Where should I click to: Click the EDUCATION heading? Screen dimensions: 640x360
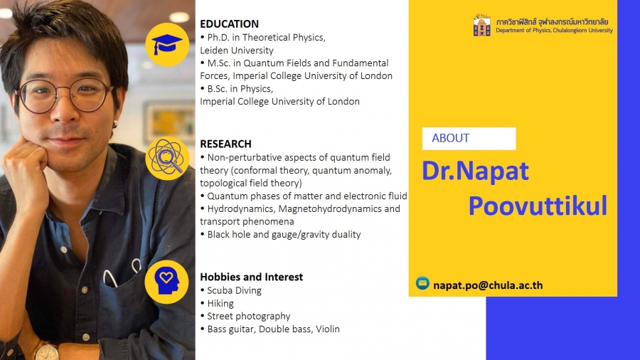229,23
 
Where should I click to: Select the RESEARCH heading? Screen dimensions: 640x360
225,144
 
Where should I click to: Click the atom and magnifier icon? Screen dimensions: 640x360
166,158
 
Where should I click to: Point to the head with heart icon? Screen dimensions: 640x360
167,282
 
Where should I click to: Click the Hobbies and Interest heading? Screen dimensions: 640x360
252,277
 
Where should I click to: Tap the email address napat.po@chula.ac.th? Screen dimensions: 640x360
488,285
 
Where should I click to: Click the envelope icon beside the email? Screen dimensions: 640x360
422,283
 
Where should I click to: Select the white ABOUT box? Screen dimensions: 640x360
469,138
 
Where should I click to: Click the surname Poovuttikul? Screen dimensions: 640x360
538,206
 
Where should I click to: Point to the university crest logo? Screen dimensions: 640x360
482,25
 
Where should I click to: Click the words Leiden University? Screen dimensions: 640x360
237,51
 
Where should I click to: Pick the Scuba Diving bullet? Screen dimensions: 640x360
231,290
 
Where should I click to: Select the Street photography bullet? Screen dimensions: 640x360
245,317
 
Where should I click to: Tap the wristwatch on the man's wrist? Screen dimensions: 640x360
46,352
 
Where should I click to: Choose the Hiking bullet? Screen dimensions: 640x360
217,303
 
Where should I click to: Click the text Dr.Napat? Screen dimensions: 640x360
475,171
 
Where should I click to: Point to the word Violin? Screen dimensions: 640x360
328,329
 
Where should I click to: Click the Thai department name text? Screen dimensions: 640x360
552,21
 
